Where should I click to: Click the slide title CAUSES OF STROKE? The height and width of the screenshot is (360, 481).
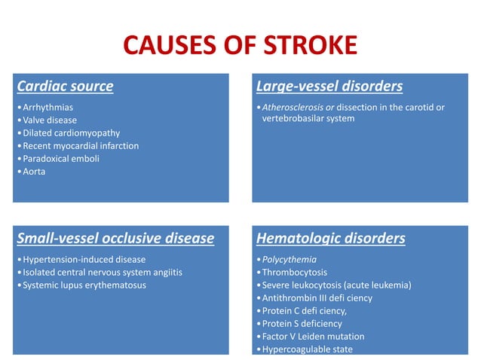point(240,47)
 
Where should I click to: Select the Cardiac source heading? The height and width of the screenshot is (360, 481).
point(65,86)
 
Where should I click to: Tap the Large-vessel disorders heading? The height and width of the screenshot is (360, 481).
point(329,86)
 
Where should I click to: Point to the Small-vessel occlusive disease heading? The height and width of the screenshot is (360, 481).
point(115,239)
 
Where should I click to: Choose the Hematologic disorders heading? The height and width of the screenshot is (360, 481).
point(331,239)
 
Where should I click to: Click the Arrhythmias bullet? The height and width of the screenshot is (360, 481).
point(48,107)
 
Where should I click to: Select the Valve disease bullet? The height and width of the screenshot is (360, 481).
point(50,120)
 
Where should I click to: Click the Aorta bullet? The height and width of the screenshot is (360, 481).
point(35,171)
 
